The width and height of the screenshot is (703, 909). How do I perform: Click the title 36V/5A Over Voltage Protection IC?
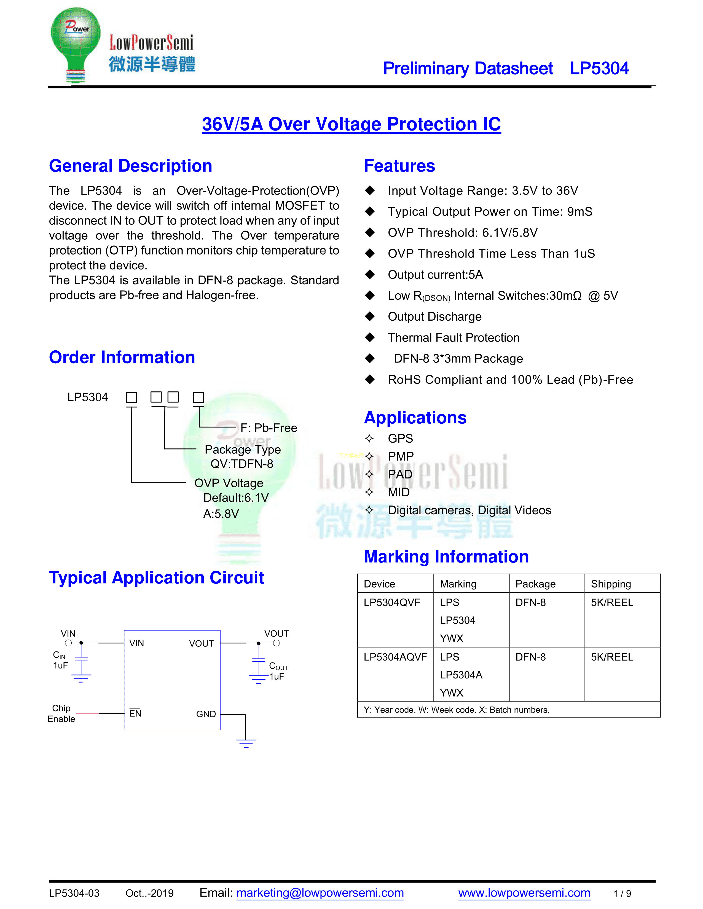tap(351, 124)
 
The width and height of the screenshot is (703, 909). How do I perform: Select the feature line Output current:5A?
tap(435, 275)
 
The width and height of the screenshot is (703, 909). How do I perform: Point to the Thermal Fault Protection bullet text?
tap(454, 337)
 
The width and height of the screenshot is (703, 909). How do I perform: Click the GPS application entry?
tap(400, 438)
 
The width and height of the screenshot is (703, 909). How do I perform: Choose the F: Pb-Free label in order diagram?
tap(269, 428)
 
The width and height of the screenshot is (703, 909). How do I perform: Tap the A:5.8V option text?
tap(221, 514)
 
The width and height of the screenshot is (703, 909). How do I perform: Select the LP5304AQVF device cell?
tap(395, 657)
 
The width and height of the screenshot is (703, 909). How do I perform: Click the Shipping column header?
tap(611, 584)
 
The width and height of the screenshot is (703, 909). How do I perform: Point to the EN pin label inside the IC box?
tap(135, 713)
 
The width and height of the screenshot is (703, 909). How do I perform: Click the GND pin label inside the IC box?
tap(206, 714)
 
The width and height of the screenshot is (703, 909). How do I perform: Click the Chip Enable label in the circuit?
tap(61, 713)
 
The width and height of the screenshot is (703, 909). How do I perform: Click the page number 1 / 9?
tap(622, 894)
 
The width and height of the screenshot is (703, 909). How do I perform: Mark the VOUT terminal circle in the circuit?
tap(277, 643)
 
